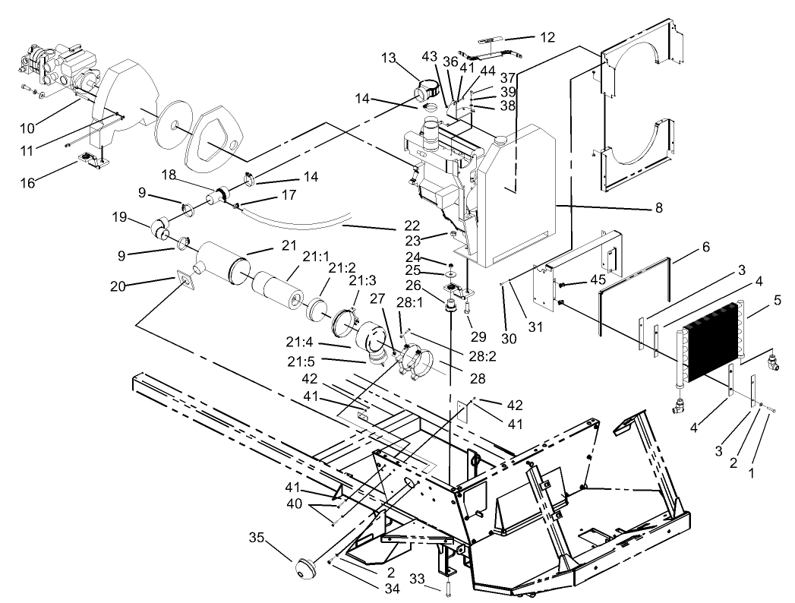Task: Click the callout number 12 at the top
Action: coord(547,37)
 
